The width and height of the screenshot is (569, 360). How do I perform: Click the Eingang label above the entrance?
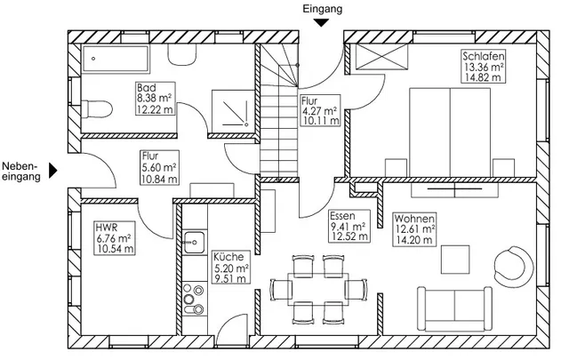322,9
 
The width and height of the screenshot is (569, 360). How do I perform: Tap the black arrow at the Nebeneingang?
53,170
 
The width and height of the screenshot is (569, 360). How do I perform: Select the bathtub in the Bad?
116,59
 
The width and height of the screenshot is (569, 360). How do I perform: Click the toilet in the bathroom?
96,109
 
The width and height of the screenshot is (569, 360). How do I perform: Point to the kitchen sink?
195,242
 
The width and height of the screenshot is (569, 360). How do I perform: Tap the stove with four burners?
194,299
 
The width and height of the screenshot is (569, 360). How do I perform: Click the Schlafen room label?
484,56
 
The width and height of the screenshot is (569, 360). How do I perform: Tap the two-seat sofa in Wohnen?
454,308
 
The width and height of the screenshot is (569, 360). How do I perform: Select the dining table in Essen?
318,289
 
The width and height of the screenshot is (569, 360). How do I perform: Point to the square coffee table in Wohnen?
455,260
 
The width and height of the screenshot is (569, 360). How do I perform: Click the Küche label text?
228,257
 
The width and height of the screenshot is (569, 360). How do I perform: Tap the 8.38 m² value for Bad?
154,98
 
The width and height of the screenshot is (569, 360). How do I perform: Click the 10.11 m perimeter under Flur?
321,120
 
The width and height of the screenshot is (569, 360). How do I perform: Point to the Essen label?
342,216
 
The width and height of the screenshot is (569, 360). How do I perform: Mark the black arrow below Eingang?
321,23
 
